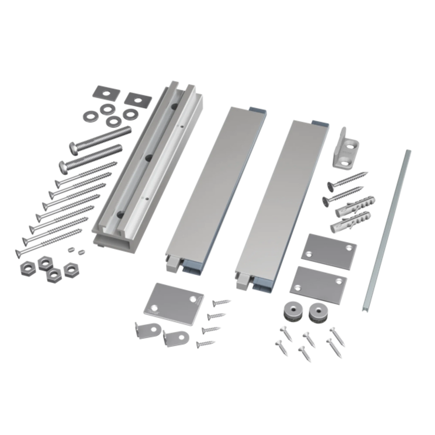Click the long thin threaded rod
tap(387, 230)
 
